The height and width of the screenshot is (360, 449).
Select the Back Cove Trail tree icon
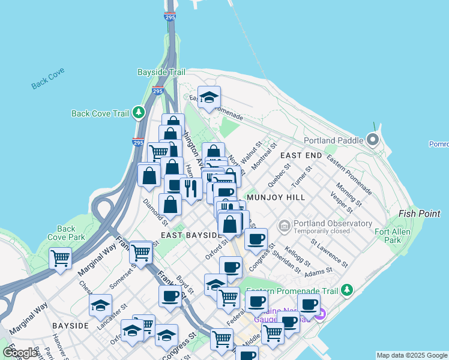point(139,112)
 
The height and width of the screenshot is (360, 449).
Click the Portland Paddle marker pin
point(373,141)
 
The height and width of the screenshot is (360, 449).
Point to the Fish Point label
point(420,214)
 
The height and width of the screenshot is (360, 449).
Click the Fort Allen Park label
point(392,236)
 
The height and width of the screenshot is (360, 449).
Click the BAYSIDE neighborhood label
point(70,325)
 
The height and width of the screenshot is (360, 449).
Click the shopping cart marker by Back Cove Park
point(61,259)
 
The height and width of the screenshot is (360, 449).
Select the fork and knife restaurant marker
point(191,188)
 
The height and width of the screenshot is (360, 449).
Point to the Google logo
point(20,353)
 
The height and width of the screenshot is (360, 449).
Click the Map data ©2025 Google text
point(412,355)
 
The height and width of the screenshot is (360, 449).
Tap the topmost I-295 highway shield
point(170,17)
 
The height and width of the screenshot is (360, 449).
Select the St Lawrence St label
point(330,253)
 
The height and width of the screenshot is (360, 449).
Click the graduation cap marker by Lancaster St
point(100,305)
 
